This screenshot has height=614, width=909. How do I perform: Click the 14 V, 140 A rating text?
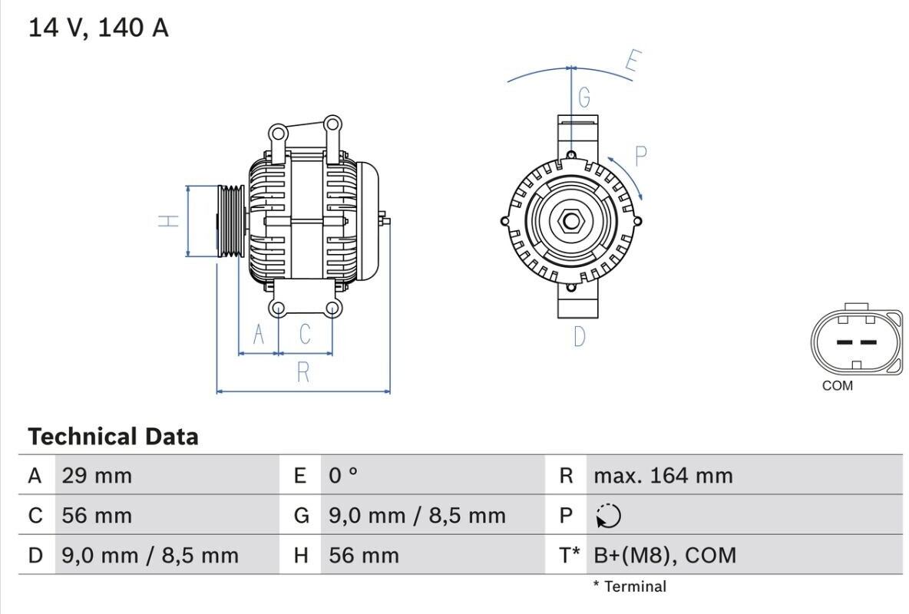pyautogui.click(x=98, y=28)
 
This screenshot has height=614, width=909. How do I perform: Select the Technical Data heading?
pyautogui.click(x=113, y=437)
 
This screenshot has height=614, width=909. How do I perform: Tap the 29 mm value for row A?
pyautogui.click(x=97, y=476)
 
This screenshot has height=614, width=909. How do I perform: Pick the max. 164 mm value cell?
pyautogui.click(x=663, y=476)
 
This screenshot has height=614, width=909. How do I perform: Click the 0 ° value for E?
pyautogui.click(x=343, y=476)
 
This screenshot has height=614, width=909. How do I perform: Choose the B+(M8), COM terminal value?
pyautogui.click(x=665, y=555)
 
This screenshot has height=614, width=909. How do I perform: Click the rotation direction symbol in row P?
pyautogui.click(x=607, y=516)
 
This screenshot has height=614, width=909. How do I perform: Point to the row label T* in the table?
pyautogui.click(x=567, y=555)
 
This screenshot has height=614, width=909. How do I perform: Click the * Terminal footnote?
pyautogui.click(x=629, y=586)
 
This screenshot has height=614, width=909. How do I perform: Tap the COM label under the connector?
pyautogui.click(x=837, y=385)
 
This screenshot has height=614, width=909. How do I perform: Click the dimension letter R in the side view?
pyautogui.click(x=303, y=372)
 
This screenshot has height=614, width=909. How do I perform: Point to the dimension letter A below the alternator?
pyautogui.click(x=259, y=335)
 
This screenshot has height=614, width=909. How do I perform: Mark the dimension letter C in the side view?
pyautogui.click(x=305, y=335)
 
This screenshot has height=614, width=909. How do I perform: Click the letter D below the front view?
pyautogui.click(x=580, y=336)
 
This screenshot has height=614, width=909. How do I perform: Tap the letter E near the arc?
pyautogui.click(x=633, y=61)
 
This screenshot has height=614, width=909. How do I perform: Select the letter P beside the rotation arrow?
pyautogui.click(x=640, y=157)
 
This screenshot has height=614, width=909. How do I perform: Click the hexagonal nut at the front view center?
pyautogui.click(x=570, y=221)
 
